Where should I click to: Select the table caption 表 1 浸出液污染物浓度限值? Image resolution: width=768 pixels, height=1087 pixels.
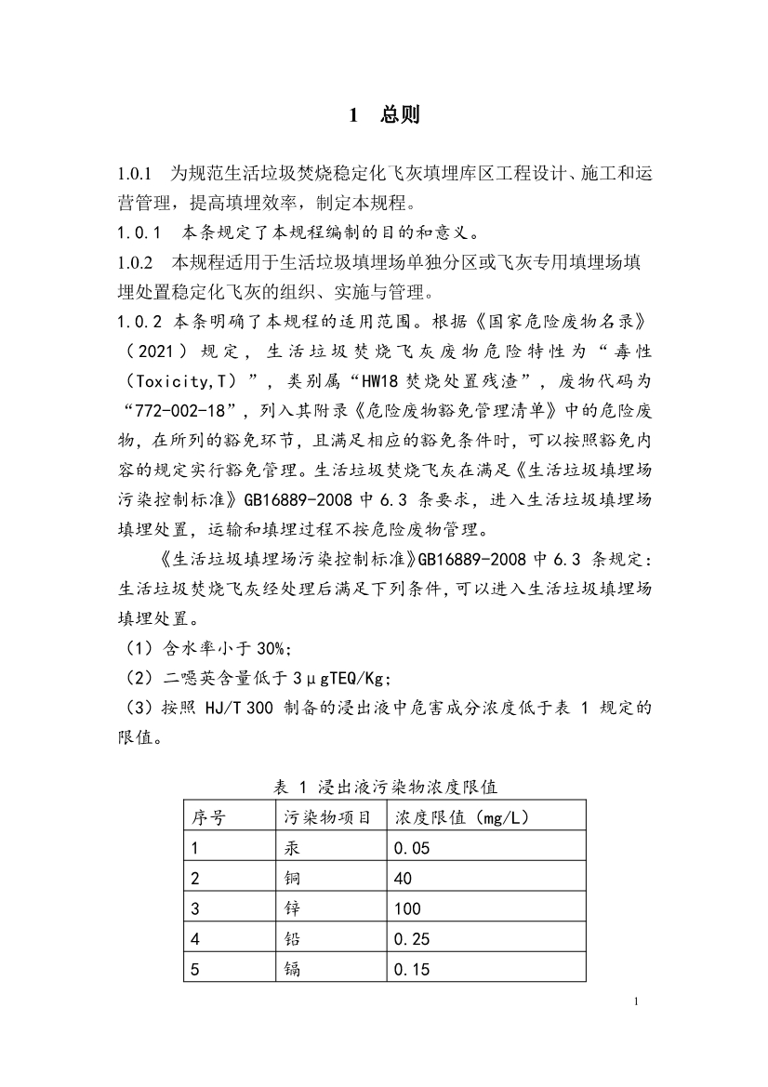pyautogui.click(x=386, y=787)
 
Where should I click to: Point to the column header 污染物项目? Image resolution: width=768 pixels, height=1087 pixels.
pyautogui.click(x=326, y=818)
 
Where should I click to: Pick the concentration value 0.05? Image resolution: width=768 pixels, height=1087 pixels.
pyautogui.click(x=412, y=848)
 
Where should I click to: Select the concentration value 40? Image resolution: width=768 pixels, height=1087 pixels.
pyautogui.click(x=403, y=879)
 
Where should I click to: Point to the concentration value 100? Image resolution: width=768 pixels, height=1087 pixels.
pyautogui.click(x=407, y=908)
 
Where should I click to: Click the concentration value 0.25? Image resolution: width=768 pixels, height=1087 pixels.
pyautogui.click(x=412, y=939)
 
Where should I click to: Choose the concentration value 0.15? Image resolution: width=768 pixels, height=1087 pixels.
pyautogui.click(x=412, y=970)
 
